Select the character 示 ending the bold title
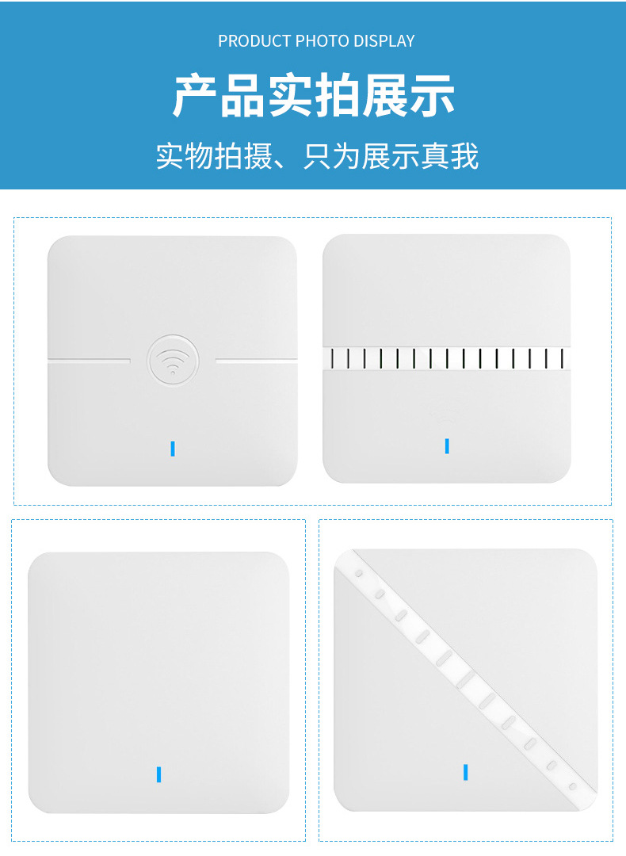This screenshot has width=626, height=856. (x=432, y=96)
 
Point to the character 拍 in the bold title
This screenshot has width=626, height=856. (x=338, y=96)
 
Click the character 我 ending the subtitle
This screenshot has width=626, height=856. (x=464, y=156)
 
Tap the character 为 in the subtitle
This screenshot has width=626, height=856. (x=346, y=156)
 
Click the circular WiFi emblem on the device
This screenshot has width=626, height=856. (x=173, y=361)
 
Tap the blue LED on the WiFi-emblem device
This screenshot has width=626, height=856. (x=173, y=448)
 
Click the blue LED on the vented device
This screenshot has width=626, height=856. (x=447, y=446)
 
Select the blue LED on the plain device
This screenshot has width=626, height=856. (x=158, y=774)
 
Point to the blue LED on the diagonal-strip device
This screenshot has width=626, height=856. (x=466, y=772)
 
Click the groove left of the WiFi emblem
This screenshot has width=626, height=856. (x=89, y=360)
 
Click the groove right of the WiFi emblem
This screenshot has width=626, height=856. (x=257, y=361)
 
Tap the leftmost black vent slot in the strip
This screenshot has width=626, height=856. (x=332, y=358)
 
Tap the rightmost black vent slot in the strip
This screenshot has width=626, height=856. (x=562, y=358)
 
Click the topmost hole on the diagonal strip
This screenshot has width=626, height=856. (x=359, y=574)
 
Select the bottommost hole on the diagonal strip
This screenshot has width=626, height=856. (x=573, y=787)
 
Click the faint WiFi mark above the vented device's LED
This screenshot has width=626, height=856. (x=446, y=421)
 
